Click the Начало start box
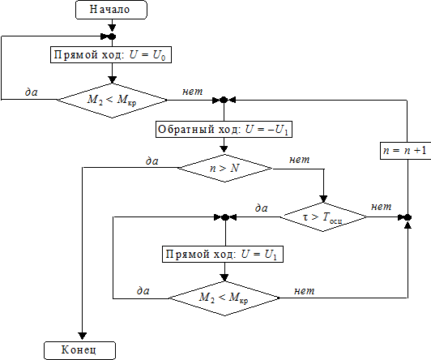coord(111,10)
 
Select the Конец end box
coord(79,350)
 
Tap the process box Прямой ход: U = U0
coord(111,55)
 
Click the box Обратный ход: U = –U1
coord(224,129)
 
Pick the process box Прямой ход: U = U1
coord(223,254)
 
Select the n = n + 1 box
coord(406,151)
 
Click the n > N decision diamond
coord(224,169)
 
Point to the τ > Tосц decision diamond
coord(323,217)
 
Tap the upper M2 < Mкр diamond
coord(112,101)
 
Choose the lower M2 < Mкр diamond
coord(224,298)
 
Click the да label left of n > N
coord(152,161)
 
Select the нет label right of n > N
coord(299,160)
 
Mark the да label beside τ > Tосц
coord(262,208)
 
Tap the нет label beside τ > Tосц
coord(382,207)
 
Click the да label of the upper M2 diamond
coord(32,92)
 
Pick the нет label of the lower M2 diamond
coord(305,291)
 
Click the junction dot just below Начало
coord(112,36)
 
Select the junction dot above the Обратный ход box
coord(224,100)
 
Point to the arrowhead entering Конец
coord(83,336)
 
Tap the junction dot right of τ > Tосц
coord(408,217)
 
